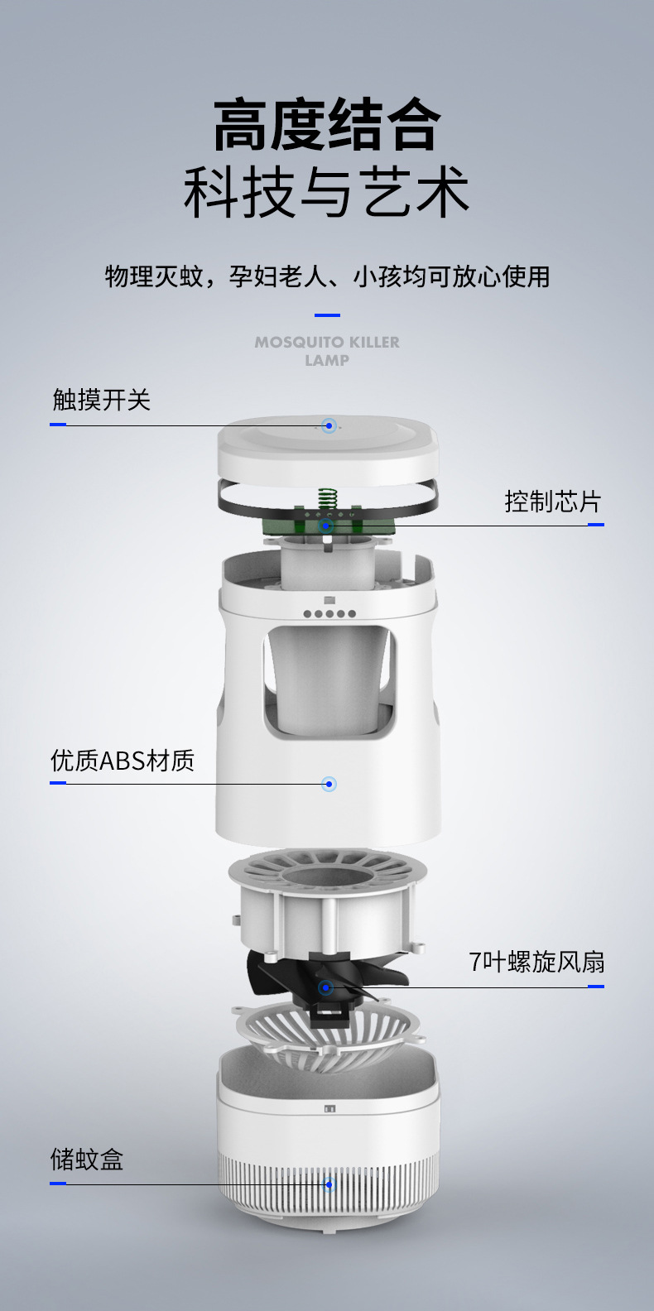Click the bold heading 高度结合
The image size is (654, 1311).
[327, 125]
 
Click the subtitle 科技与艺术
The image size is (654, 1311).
[327, 193]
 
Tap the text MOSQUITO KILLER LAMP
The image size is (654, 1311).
[327, 351]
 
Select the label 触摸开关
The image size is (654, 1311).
[101, 401]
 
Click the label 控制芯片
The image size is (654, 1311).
[552, 502]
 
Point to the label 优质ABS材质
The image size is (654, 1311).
[123, 760]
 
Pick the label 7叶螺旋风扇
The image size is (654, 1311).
[536, 962]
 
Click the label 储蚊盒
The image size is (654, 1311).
[87, 1160]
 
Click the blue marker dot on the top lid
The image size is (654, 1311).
[329, 426]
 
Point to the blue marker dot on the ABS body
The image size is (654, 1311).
[329, 784]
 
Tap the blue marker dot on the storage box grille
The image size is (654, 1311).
[329, 1184]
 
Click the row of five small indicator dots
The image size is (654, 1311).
[329, 613]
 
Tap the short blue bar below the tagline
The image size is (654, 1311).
[327, 315]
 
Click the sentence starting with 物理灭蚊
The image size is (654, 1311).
[327, 276]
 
